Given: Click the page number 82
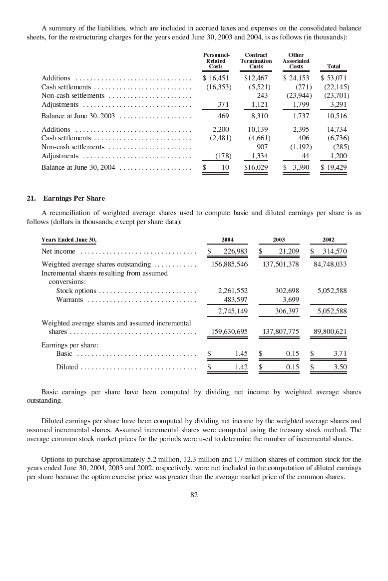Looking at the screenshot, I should tap(194, 495).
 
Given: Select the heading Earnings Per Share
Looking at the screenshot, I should tap(74, 199).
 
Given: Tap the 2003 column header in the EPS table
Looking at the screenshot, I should tap(279, 240).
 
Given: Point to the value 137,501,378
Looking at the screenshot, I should tap(281, 264).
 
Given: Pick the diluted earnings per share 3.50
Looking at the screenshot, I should tap(340, 367).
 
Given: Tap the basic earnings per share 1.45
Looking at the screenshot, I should tap(241, 353).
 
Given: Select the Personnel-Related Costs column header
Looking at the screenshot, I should tap(216, 60).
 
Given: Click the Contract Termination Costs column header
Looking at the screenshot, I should tap(256, 60).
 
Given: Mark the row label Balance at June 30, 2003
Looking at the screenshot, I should tap(78, 116).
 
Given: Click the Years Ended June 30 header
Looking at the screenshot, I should tap(68, 240).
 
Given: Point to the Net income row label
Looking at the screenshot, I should tap(58, 251).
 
